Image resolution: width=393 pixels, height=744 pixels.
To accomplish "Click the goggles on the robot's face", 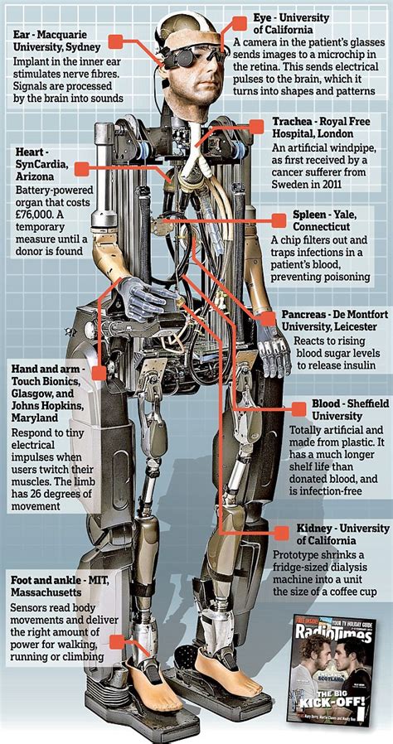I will click(183, 56).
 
